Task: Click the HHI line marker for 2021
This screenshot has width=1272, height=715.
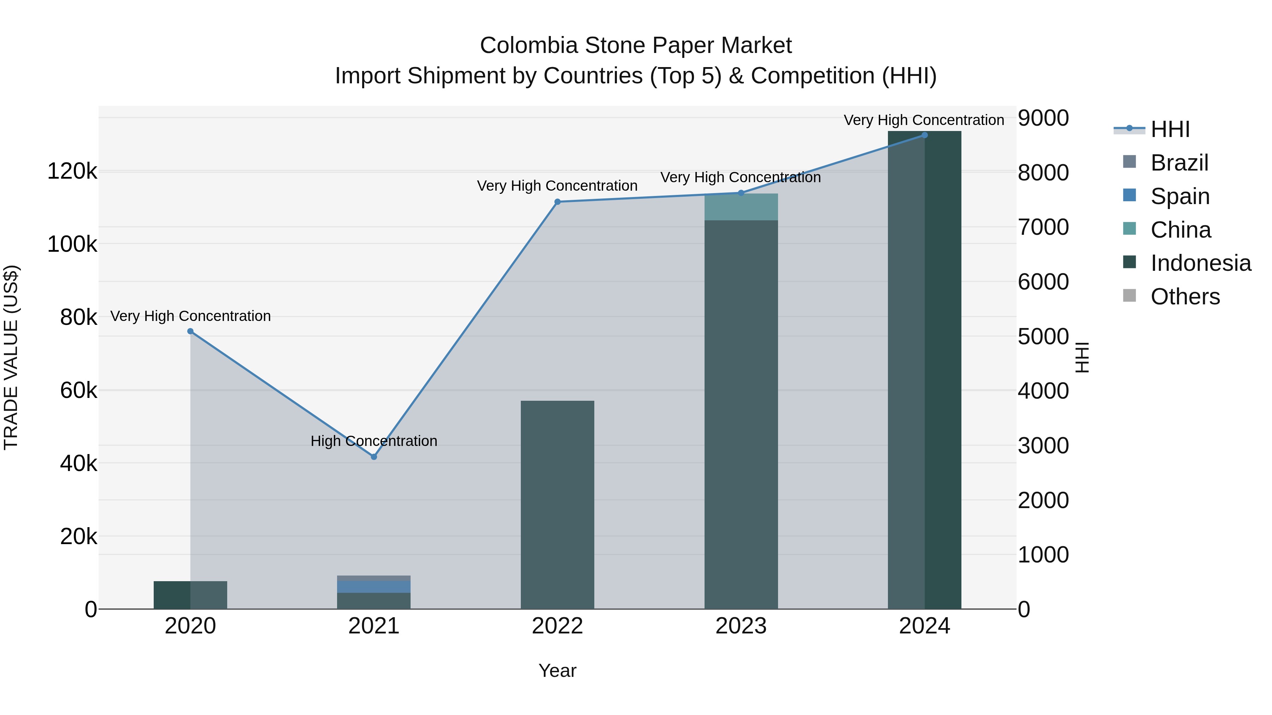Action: point(374,457)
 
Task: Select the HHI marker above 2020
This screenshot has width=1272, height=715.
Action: point(190,332)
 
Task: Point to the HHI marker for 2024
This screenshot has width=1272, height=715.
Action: point(924,135)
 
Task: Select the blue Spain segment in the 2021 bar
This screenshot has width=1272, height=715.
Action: point(374,587)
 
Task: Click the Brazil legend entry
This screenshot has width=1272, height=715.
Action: point(1179,163)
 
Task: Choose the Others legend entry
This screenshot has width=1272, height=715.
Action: point(1185,297)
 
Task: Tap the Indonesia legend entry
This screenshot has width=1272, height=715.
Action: point(1200,263)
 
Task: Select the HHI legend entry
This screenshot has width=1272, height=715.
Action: point(1169,129)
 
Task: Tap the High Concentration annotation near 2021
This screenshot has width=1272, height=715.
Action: point(374,441)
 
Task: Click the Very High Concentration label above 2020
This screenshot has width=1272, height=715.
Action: point(190,316)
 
